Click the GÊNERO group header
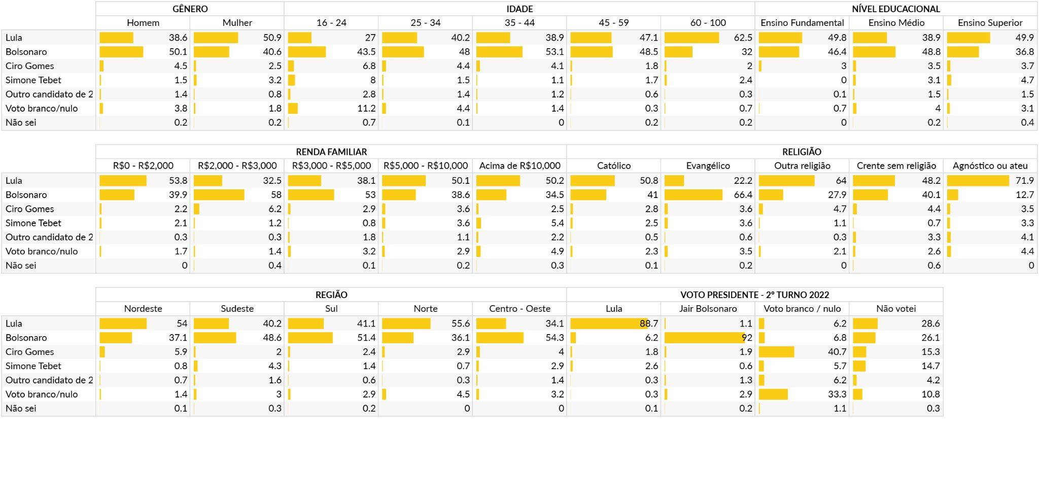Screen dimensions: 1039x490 (x=190, y=9)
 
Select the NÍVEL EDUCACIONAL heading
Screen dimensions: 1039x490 (x=896, y=9)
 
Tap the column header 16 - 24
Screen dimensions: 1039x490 (x=331, y=23)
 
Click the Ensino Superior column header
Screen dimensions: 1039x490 (x=990, y=23)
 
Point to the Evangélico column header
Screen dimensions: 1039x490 (x=708, y=166)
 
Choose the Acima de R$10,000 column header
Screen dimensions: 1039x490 (x=519, y=166)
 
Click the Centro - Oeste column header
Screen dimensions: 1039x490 (x=519, y=309)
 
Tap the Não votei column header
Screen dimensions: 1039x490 (x=896, y=309)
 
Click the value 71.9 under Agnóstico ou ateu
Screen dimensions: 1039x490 (x=1025, y=181)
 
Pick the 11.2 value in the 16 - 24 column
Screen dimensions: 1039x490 (x=366, y=109)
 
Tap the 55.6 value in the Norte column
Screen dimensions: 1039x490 (x=460, y=323)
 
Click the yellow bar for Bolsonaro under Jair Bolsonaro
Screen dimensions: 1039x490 (x=705, y=338)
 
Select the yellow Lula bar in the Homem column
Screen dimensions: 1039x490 (x=116, y=38)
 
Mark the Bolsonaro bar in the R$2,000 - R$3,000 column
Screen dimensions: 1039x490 (x=219, y=195)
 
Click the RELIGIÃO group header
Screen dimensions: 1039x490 (x=802, y=152)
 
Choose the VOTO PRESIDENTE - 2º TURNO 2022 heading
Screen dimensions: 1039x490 (x=754, y=295)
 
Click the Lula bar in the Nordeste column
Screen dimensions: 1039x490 (x=123, y=323)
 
